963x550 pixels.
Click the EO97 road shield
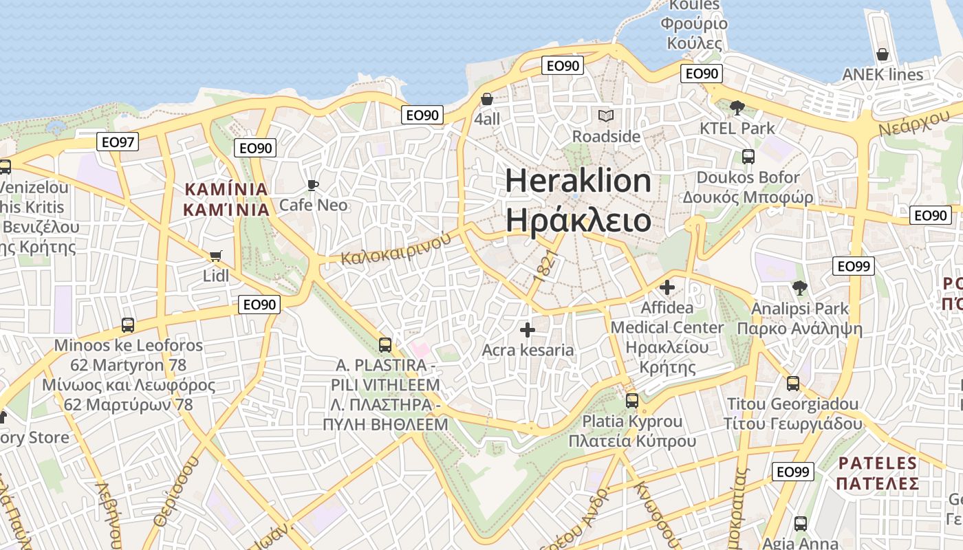(x=117, y=142)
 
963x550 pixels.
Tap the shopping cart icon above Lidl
(x=215, y=256)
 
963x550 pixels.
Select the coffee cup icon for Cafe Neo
(x=313, y=185)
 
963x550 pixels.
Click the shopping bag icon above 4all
(x=487, y=99)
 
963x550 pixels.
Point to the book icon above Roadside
(x=606, y=115)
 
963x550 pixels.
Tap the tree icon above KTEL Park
(x=737, y=107)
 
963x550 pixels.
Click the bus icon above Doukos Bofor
(x=748, y=157)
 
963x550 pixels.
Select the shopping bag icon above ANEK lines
(x=883, y=54)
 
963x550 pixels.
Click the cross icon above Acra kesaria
(x=528, y=330)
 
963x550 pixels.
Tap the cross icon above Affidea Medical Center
(x=667, y=287)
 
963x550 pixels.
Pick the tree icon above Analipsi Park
(x=799, y=288)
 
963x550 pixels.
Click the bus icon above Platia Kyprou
(x=632, y=400)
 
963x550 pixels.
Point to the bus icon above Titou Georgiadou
(x=793, y=384)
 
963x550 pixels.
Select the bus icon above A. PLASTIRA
(x=385, y=344)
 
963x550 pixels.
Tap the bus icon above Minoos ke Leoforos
(x=128, y=325)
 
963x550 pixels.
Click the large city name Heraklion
(x=578, y=181)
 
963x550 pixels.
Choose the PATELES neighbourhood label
(x=878, y=463)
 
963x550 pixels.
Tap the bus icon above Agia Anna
(x=801, y=524)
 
